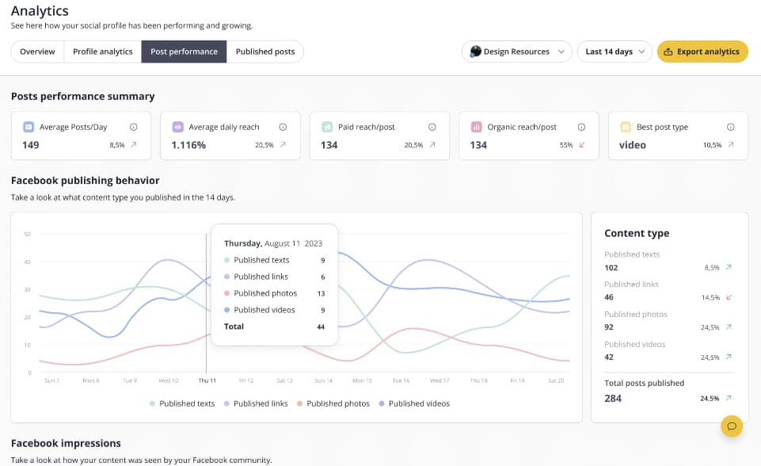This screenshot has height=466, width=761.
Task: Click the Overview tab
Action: [x=37, y=52]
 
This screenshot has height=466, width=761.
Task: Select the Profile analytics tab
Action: [x=102, y=52]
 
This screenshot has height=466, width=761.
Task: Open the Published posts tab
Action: [x=265, y=52]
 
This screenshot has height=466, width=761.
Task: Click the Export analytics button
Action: [x=702, y=52]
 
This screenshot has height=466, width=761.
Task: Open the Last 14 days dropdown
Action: [x=614, y=52]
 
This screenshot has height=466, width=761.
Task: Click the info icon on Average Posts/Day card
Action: [x=133, y=127]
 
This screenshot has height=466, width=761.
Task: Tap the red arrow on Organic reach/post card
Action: [x=582, y=145]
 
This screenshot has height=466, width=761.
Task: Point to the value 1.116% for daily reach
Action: [x=188, y=145]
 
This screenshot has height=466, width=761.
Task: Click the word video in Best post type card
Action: [x=632, y=145]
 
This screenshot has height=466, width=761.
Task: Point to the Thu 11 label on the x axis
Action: [x=207, y=380]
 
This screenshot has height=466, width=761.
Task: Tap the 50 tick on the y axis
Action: [x=27, y=234]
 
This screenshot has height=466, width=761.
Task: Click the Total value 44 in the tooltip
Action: [x=321, y=327]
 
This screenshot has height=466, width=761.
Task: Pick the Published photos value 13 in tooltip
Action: [x=321, y=293]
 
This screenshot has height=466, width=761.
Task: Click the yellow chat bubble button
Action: [x=732, y=426]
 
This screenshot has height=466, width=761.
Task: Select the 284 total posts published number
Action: [x=613, y=398]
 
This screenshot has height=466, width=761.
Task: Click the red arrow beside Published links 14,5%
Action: [x=729, y=297]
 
